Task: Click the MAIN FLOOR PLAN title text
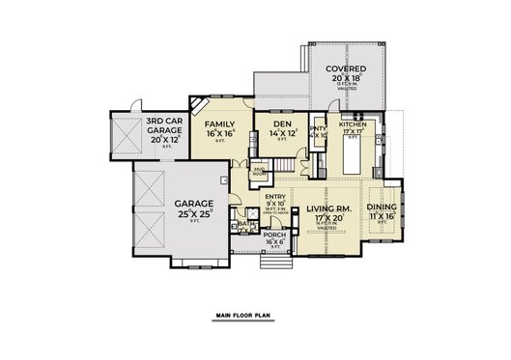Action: (x=255, y=316)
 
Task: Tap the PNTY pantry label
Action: (x=318, y=127)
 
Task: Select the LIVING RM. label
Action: (x=324, y=208)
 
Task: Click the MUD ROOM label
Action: (x=258, y=172)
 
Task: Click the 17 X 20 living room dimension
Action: (x=324, y=219)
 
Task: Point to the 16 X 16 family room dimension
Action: (x=221, y=134)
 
